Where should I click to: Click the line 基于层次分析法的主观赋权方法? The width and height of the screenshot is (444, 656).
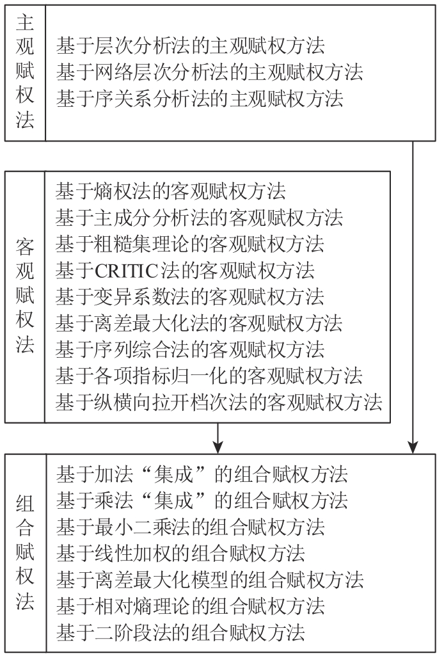(x=190, y=45)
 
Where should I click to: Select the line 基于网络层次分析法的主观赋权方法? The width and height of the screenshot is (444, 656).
(x=209, y=72)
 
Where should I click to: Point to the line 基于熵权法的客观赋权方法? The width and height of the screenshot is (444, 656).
(x=170, y=191)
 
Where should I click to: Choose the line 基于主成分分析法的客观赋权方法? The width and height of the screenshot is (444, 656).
(x=199, y=217)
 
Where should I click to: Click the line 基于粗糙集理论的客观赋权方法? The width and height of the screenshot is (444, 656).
(x=189, y=243)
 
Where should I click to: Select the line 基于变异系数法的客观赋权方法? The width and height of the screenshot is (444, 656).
(x=189, y=296)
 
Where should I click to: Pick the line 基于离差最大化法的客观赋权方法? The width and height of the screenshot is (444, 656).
(x=199, y=323)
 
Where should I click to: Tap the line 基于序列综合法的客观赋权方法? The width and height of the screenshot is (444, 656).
(x=189, y=349)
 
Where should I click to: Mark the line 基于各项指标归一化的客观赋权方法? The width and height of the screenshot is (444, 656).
(x=209, y=376)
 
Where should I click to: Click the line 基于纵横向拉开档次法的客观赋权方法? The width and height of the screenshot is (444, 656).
(x=218, y=402)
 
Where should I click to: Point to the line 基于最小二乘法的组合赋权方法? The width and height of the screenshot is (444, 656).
(x=190, y=527)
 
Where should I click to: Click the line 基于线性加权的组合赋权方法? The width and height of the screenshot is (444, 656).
(x=180, y=553)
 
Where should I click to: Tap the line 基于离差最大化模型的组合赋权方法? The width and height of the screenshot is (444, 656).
(x=209, y=580)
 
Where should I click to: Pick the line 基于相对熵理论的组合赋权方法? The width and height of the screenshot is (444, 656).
(x=190, y=606)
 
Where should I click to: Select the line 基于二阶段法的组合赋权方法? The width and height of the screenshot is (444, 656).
(x=180, y=632)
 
